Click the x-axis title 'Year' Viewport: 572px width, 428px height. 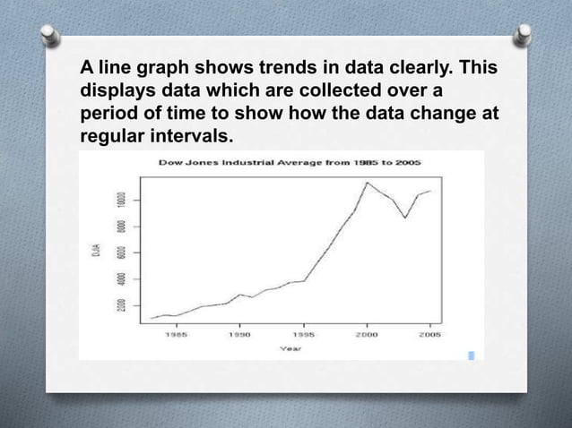pos(290,348)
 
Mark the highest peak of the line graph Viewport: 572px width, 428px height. pos(367,183)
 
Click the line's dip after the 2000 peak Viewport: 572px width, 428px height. pos(405,218)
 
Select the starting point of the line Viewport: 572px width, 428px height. pos(152,318)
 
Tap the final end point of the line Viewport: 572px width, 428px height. pos(431,191)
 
